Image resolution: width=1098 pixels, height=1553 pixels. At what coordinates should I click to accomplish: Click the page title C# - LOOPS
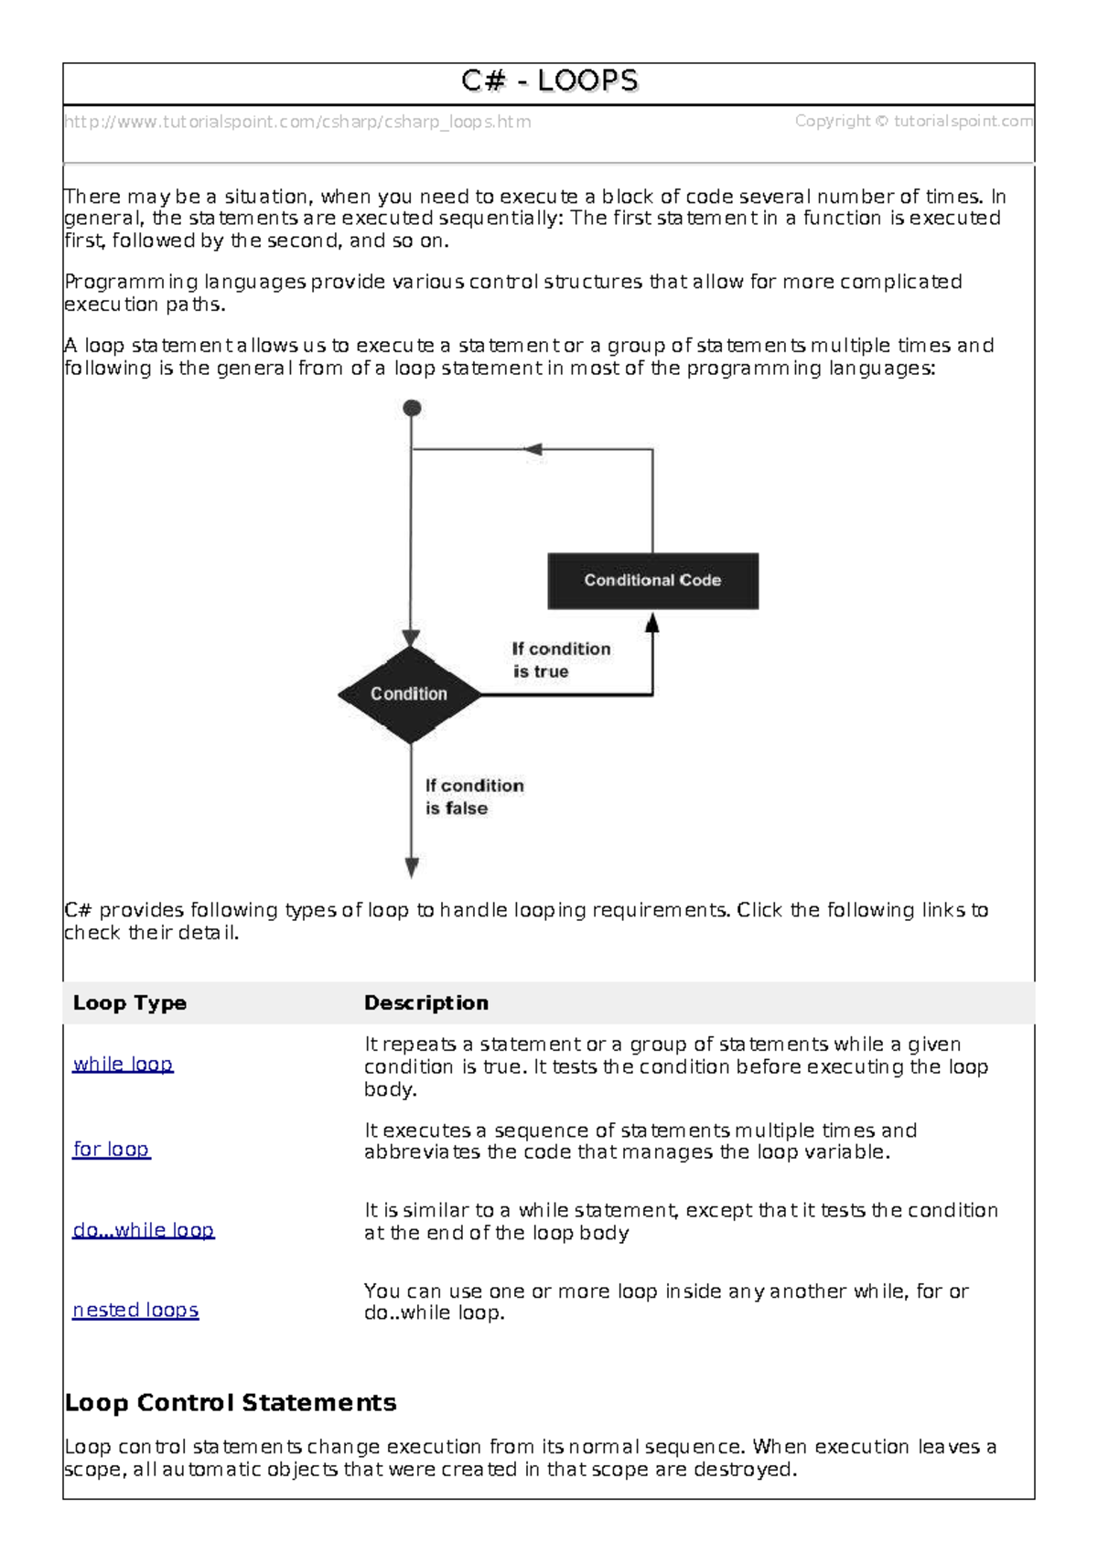pos(549,81)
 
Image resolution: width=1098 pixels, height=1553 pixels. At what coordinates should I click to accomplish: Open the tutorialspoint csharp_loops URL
pos(297,122)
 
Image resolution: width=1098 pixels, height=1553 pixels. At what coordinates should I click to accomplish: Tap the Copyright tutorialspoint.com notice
pos(913,121)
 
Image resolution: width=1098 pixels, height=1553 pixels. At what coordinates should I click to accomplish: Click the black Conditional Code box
pos(652,581)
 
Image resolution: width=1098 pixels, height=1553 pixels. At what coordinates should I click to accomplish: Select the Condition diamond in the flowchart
pos(409,694)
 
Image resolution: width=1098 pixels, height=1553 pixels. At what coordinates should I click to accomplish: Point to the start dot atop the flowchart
pos(413,408)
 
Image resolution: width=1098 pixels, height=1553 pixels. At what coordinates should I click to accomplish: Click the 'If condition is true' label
pos(560,659)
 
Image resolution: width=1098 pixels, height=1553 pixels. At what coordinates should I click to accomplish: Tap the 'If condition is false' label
pos(474,797)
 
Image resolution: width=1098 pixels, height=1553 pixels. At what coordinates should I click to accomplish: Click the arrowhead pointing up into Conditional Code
pos(652,625)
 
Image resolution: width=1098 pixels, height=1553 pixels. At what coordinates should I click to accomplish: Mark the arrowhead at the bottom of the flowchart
pos(412,867)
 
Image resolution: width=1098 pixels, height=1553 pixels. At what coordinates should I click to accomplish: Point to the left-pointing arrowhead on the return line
pos(533,449)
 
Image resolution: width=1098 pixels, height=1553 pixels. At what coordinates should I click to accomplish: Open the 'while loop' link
pos(123,1065)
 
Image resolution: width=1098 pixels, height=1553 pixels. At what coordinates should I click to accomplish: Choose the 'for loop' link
pos(111,1150)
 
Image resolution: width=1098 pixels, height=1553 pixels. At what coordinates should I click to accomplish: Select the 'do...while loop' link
pos(144,1231)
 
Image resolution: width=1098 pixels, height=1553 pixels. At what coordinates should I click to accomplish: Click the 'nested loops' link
pos(135,1311)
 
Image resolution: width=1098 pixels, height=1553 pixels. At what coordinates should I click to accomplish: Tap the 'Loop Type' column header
pos(130,1003)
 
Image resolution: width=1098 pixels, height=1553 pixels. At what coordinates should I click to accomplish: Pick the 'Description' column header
pos(426,1003)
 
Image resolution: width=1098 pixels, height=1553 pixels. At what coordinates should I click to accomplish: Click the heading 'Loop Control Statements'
pos(231,1403)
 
